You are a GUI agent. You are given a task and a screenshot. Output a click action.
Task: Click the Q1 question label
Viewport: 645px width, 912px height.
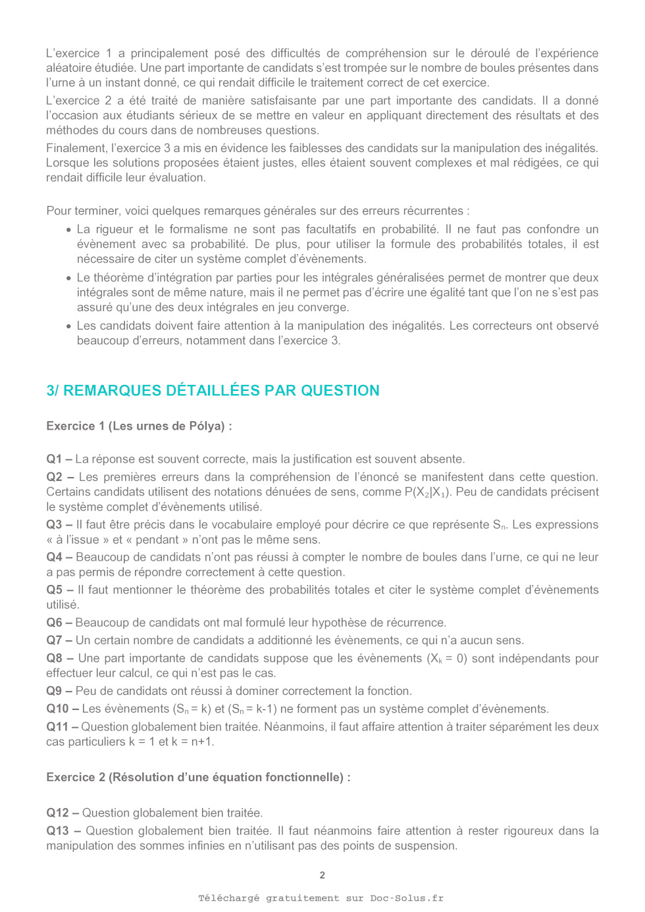coord(54,459)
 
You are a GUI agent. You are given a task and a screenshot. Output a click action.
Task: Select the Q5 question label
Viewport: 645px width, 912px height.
coord(55,590)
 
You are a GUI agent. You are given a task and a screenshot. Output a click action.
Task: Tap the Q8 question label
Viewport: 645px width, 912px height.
coord(55,659)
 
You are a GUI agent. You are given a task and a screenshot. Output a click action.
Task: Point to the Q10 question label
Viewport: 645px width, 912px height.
coord(57,709)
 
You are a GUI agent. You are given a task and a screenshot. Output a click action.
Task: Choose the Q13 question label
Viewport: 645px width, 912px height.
coord(57,831)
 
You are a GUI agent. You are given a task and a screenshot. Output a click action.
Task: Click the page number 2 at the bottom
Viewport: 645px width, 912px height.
coord(322,875)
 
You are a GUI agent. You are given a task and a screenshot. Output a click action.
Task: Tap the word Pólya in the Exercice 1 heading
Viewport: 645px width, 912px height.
coord(206,426)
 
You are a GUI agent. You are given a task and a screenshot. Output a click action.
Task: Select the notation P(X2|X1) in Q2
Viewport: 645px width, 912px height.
coord(427,492)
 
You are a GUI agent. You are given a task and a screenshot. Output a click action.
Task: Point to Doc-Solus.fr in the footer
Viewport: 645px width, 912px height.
coord(407,898)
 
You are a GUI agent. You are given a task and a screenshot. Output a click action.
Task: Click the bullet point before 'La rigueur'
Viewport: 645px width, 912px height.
coord(68,230)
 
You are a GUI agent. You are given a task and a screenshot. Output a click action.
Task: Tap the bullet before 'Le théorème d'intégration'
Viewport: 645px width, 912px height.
coord(68,278)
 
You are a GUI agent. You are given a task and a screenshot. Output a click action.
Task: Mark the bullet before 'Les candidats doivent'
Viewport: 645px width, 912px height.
coord(68,326)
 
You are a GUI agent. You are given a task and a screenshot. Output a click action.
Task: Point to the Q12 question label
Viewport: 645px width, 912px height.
coord(57,813)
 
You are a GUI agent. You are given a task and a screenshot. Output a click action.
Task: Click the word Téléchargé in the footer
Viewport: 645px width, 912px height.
coord(229,898)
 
